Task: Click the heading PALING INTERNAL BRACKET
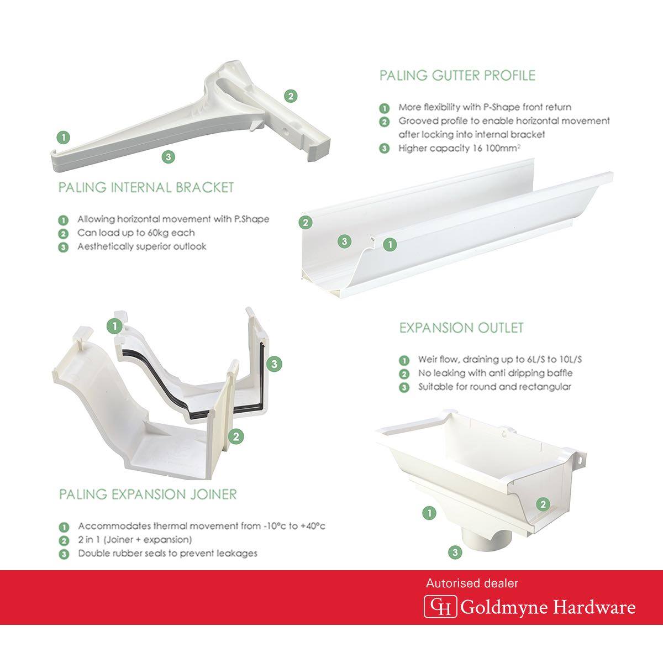coord(146,187)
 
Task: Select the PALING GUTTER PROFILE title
coord(457,75)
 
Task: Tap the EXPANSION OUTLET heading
coord(461,328)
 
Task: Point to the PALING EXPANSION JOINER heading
coord(148,494)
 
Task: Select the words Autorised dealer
coord(472,583)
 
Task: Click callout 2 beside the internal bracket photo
coord(291,96)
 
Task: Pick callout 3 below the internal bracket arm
coord(169,157)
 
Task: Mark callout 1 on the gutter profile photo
coord(390,245)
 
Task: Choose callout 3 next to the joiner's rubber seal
coord(274,364)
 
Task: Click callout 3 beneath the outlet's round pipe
coord(455,552)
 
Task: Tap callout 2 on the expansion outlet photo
coord(543,504)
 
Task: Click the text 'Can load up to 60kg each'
coord(136,233)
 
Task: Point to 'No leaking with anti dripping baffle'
coord(495,373)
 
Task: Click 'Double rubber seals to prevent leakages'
coord(167,553)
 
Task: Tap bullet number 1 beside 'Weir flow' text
coord(404,360)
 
